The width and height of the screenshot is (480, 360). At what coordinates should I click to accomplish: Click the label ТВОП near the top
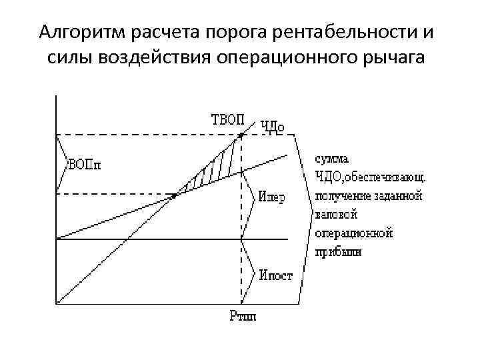[x=228, y=120]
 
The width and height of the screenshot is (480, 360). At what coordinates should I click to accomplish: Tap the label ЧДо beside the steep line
[x=273, y=126]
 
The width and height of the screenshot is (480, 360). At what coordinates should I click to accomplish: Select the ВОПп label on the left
[x=85, y=165]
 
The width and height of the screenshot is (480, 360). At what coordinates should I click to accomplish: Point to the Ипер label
[x=271, y=199]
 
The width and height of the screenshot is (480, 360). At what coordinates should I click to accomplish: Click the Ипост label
[x=276, y=275]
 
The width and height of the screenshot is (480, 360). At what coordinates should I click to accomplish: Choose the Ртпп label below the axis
[x=243, y=315]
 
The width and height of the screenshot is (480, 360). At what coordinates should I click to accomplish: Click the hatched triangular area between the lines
[x=217, y=167]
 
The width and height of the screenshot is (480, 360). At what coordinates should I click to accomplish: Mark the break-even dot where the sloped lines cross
[x=175, y=195]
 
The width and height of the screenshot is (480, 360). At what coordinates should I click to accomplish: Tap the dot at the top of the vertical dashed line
[x=241, y=135]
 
